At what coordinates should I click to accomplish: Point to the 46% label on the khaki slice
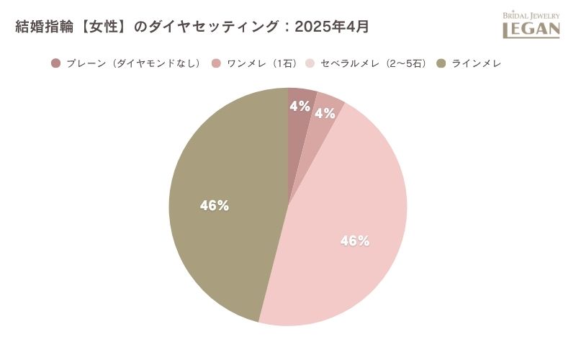pyautogui.click(x=215, y=206)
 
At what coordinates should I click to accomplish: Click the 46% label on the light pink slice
pyautogui.click(x=355, y=241)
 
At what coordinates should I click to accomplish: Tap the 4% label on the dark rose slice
pyautogui.click(x=300, y=107)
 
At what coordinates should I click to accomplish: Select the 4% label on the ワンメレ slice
pyautogui.click(x=325, y=113)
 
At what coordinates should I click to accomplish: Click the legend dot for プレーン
pyautogui.click(x=56, y=63)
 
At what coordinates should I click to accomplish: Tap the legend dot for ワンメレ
pyautogui.click(x=217, y=63)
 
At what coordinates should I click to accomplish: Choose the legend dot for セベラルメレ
pyautogui.click(x=311, y=63)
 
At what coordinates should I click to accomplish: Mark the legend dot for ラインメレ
pyautogui.click(x=441, y=63)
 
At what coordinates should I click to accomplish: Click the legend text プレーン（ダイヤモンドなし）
pyautogui.click(x=132, y=63)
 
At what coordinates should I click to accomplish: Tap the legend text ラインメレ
pyautogui.click(x=476, y=63)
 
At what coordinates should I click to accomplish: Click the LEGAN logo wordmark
pyautogui.click(x=531, y=29)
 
